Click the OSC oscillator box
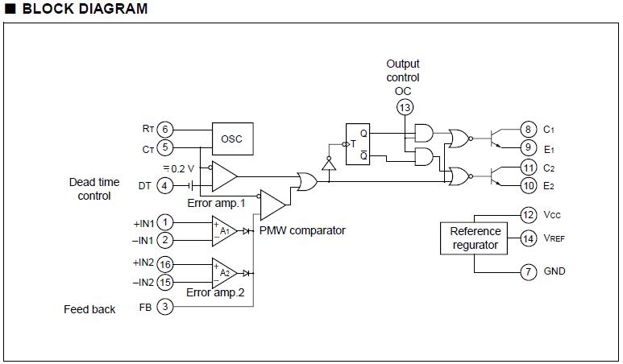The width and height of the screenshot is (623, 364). point(232,139)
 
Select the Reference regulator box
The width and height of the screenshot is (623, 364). point(474,238)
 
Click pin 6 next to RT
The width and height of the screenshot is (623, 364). point(164,130)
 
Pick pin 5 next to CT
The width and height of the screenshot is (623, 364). point(164,147)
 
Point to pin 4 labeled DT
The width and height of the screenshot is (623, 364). point(164,186)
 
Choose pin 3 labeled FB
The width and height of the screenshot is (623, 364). point(164,307)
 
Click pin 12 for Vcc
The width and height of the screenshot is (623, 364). point(528,215)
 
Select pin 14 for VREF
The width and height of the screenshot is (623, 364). point(528,238)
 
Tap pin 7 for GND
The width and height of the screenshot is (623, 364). point(528,271)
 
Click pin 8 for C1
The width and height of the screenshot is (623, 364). point(528,129)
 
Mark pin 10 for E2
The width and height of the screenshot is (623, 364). point(528,186)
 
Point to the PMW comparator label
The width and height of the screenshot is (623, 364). point(302,230)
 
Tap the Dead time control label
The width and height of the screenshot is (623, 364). point(94,189)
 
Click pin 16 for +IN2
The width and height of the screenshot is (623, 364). point(164,263)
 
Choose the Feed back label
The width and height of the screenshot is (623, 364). point(89,309)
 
